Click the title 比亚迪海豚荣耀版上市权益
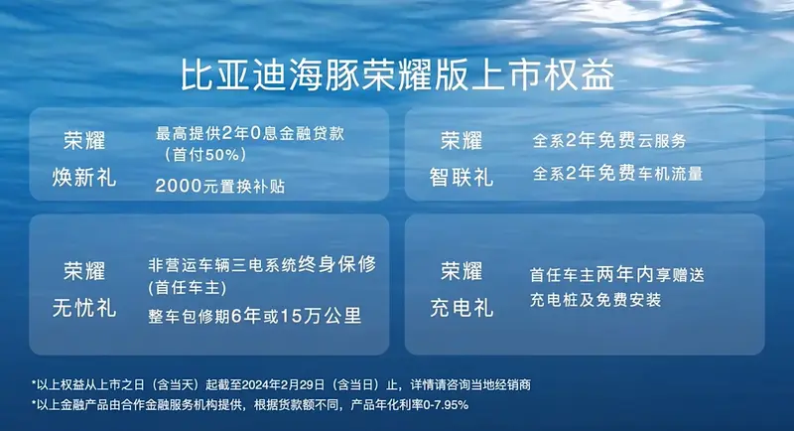(x=398, y=74)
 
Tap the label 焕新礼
(x=84, y=178)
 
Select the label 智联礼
(x=462, y=178)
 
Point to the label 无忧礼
(x=84, y=308)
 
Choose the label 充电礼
(x=462, y=308)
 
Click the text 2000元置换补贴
(x=219, y=187)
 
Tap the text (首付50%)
(x=205, y=155)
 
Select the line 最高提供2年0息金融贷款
(x=250, y=134)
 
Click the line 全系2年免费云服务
(x=609, y=140)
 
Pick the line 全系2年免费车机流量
(x=617, y=174)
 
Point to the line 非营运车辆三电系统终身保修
(x=262, y=264)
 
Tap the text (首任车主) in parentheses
(x=188, y=288)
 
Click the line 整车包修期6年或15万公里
(x=255, y=317)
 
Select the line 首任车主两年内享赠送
(x=616, y=275)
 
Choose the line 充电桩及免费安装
(x=595, y=300)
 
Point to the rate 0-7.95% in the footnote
(x=446, y=405)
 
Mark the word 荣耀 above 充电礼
(x=462, y=271)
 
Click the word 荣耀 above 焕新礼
(x=84, y=140)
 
